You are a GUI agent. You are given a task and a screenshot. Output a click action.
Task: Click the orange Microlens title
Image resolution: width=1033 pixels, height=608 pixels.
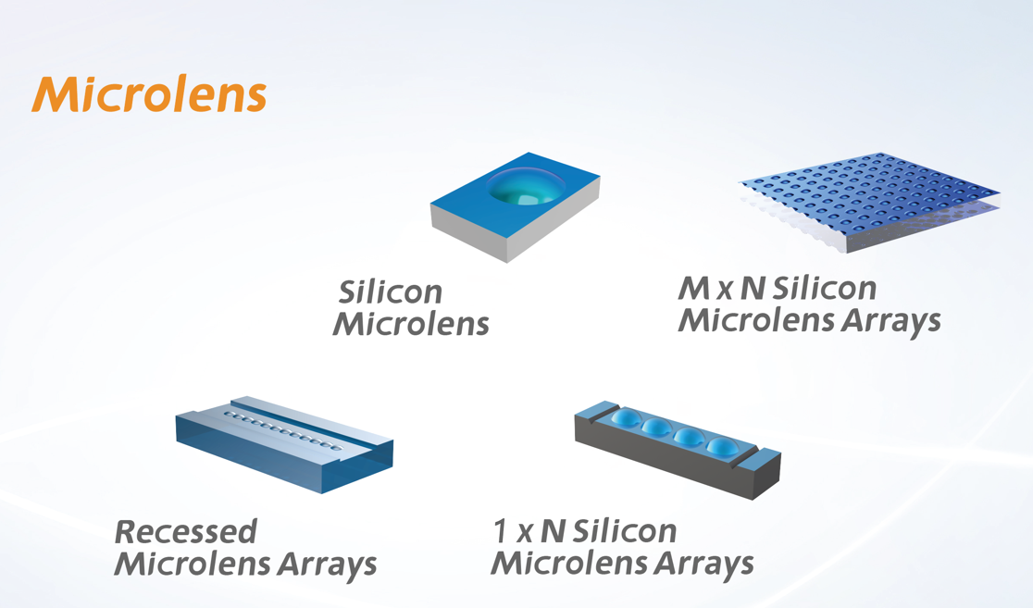tap(149, 95)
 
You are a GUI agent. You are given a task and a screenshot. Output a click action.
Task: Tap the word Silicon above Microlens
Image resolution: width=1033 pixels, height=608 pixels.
tap(390, 292)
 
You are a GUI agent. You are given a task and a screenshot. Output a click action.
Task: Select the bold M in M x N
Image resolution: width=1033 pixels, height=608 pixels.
tap(693, 289)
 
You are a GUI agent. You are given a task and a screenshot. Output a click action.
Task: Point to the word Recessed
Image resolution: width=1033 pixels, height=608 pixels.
tap(186, 531)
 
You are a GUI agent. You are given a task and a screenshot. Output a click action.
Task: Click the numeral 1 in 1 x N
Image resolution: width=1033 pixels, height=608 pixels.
tap(502, 531)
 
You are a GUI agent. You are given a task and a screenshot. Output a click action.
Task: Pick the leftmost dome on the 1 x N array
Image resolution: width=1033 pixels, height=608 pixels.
tap(626, 419)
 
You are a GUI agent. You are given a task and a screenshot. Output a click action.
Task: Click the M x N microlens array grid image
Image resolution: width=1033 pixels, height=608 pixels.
tap(869, 201)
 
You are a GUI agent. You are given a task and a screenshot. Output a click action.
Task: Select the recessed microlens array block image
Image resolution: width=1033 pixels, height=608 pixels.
tap(284, 444)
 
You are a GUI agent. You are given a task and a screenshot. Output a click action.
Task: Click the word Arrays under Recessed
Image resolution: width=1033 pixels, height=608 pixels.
tap(327, 565)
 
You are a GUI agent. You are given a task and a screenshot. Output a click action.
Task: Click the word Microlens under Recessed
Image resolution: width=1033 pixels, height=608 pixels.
tap(193, 564)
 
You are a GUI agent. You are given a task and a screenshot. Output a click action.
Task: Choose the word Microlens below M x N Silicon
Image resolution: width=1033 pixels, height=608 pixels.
tap(757, 320)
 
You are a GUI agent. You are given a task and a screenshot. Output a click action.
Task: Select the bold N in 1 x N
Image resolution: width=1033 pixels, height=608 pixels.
tap(554, 531)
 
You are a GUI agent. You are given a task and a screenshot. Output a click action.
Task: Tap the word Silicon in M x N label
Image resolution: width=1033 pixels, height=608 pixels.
tap(824, 289)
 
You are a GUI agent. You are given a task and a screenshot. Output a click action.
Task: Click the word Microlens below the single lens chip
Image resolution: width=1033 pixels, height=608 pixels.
tap(411, 324)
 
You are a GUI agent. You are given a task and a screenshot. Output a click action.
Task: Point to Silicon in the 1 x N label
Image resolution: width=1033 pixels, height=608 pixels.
tap(625, 531)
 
